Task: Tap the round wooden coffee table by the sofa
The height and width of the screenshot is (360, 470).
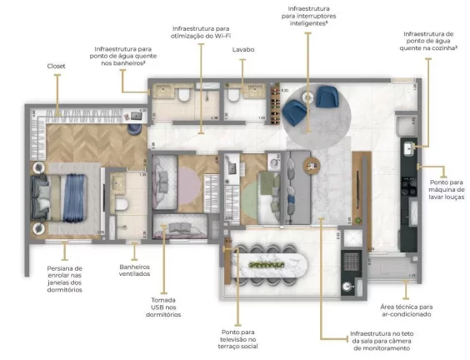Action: click(x=312, y=164)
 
